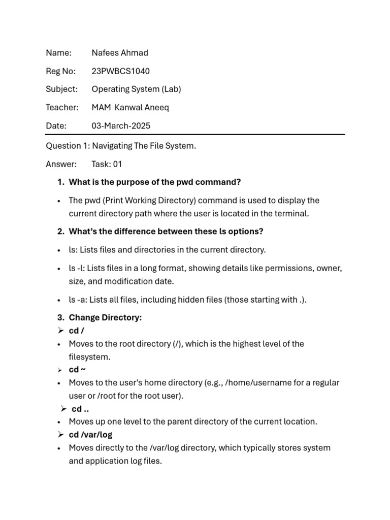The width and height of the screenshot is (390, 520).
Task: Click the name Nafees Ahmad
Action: click(x=120, y=53)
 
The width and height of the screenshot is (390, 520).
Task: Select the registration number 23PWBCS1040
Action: click(x=120, y=71)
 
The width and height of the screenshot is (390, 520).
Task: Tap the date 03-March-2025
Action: click(x=121, y=125)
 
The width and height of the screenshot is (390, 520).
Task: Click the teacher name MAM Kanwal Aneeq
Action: click(x=130, y=107)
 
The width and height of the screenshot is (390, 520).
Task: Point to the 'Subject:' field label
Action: click(x=62, y=89)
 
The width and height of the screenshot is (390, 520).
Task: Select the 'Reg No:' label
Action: click(x=60, y=71)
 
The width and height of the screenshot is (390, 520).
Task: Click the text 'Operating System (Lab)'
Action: click(x=136, y=89)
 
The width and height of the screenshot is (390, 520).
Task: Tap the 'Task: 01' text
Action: click(x=107, y=164)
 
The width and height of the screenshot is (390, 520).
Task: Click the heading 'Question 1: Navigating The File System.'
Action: click(x=121, y=146)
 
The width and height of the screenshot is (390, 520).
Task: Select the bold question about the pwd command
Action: click(x=154, y=182)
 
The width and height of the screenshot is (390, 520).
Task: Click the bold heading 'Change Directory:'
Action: click(x=105, y=317)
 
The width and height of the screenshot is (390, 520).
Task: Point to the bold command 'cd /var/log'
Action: click(x=90, y=435)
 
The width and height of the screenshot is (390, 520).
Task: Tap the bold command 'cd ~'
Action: click(x=77, y=369)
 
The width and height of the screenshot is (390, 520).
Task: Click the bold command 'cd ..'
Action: click(x=80, y=409)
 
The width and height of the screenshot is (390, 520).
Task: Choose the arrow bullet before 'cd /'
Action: click(x=60, y=331)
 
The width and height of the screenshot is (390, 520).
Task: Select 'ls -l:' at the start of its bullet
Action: click(x=78, y=268)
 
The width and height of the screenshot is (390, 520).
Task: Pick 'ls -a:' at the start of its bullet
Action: click(x=78, y=300)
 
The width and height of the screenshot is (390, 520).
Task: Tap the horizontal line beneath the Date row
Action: click(x=195, y=135)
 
